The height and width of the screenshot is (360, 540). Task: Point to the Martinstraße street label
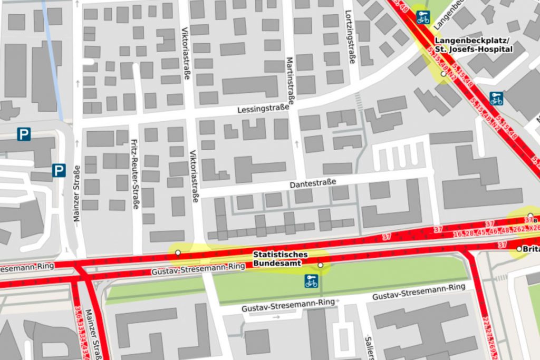click(x=289, y=79)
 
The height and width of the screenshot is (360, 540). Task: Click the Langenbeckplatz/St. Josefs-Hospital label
click(x=473, y=45)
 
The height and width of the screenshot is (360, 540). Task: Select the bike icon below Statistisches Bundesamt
click(x=311, y=281)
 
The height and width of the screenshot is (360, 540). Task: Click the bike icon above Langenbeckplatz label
click(x=423, y=17)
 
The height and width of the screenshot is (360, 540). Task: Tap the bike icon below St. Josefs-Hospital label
click(x=496, y=98)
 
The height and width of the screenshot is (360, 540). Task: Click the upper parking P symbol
click(x=24, y=134)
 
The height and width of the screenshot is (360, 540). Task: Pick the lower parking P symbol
click(x=59, y=170)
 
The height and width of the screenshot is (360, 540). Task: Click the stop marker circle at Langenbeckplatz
click(x=443, y=74)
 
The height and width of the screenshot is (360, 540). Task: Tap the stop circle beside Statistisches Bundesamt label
click(x=320, y=265)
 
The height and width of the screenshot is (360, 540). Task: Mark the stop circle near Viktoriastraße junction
click(x=178, y=253)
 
